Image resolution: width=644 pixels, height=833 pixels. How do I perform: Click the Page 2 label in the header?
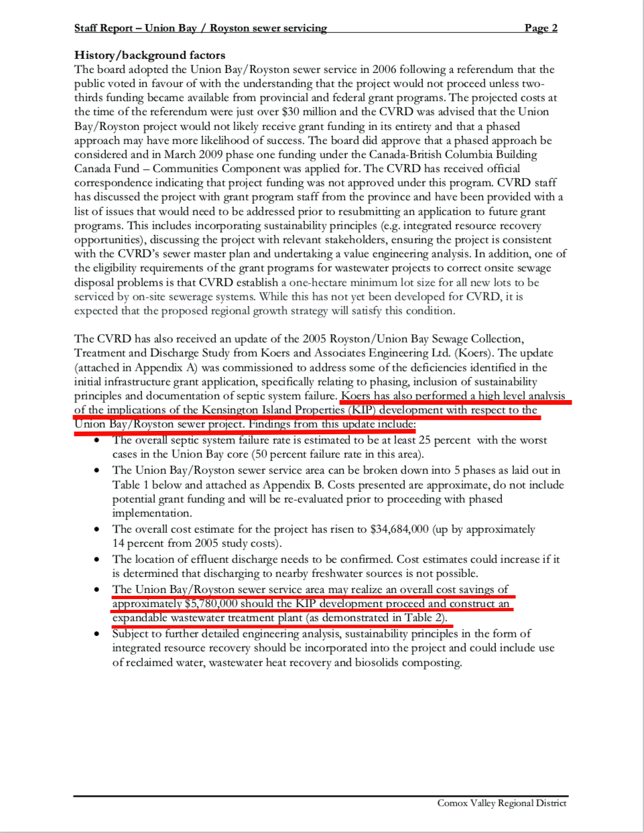pos(540,27)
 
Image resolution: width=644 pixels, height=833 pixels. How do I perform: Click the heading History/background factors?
pos(149,55)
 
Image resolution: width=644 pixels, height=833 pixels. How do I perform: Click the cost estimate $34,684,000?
pos(399,529)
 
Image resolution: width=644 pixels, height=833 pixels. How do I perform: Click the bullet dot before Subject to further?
pos(97,634)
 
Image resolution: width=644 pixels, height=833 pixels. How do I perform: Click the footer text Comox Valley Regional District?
pos(501,803)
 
